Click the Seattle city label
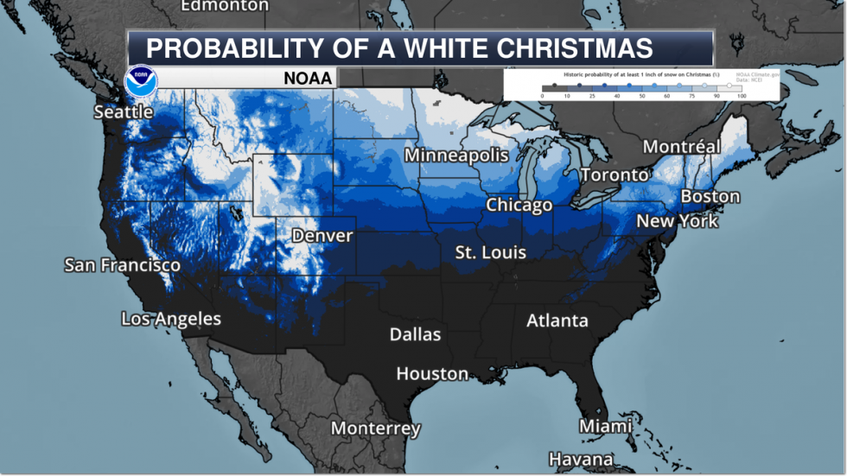tap(124, 111)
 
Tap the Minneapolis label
tap(456, 155)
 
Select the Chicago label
tap(519, 205)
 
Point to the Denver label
tap(322, 235)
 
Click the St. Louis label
tap(491, 252)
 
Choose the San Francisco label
tap(123, 265)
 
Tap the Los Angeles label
tap(171, 319)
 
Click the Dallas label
tap(415, 334)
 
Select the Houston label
tap(432, 373)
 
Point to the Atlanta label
tap(557, 321)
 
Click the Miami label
tap(606, 426)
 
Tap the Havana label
tap(581, 459)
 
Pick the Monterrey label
tap(376, 428)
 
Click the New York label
tap(678, 221)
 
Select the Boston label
tap(710, 196)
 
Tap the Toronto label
tap(615, 175)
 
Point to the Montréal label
tap(682, 147)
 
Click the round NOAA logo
tap(141, 80)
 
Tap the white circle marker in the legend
tap(729, 86)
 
